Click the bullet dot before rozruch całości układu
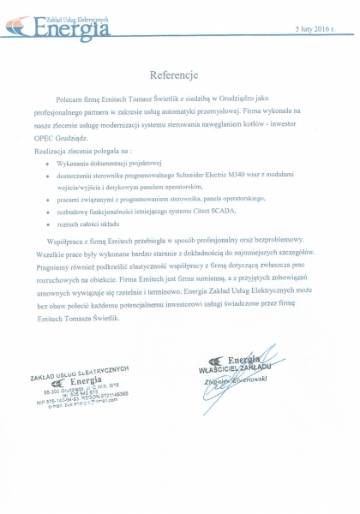click(46, 224)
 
